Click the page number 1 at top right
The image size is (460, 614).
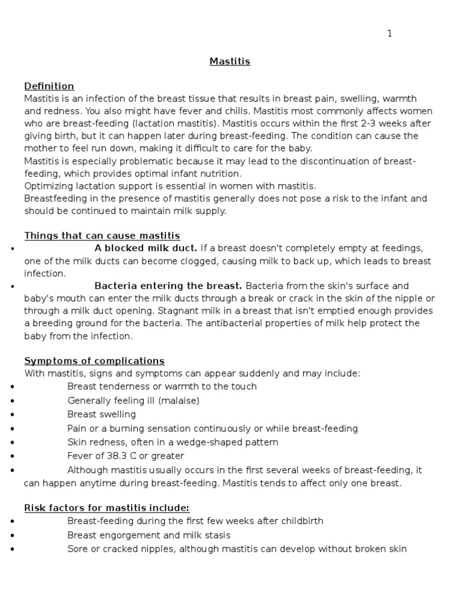tap(389, 34)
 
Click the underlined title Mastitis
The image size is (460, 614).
tap(229, 61)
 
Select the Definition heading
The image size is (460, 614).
tap(49, 86)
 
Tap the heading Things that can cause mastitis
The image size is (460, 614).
tap(102, 236)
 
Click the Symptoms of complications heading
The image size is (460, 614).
tap(94, 360)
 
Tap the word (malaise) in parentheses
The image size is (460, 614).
tap(179, 400)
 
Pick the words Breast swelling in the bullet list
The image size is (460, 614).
tap(101, 414)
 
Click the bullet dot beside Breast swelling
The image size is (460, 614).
tap(13, 415)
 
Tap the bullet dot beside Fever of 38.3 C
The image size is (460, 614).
tap(13, 456)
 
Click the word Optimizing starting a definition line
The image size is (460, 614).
tap(48, 186)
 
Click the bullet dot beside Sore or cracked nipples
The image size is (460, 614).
tap(13, 549)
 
